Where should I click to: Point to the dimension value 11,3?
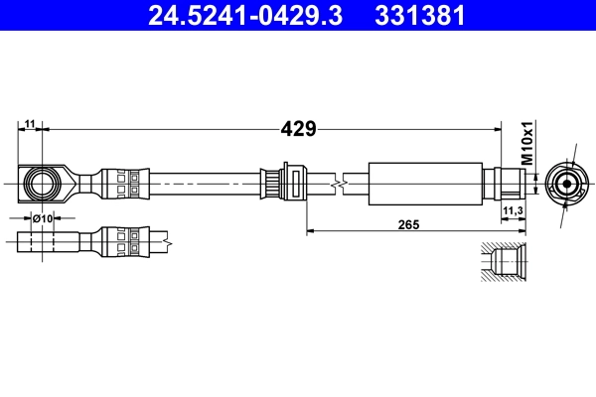click(513, 211)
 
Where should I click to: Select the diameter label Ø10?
click(43, 217)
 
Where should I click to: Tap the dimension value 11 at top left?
click(30, 123)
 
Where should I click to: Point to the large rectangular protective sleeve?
click(425, 184)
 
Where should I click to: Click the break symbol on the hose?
click(341, 184)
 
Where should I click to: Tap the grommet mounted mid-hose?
click(281, 184)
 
